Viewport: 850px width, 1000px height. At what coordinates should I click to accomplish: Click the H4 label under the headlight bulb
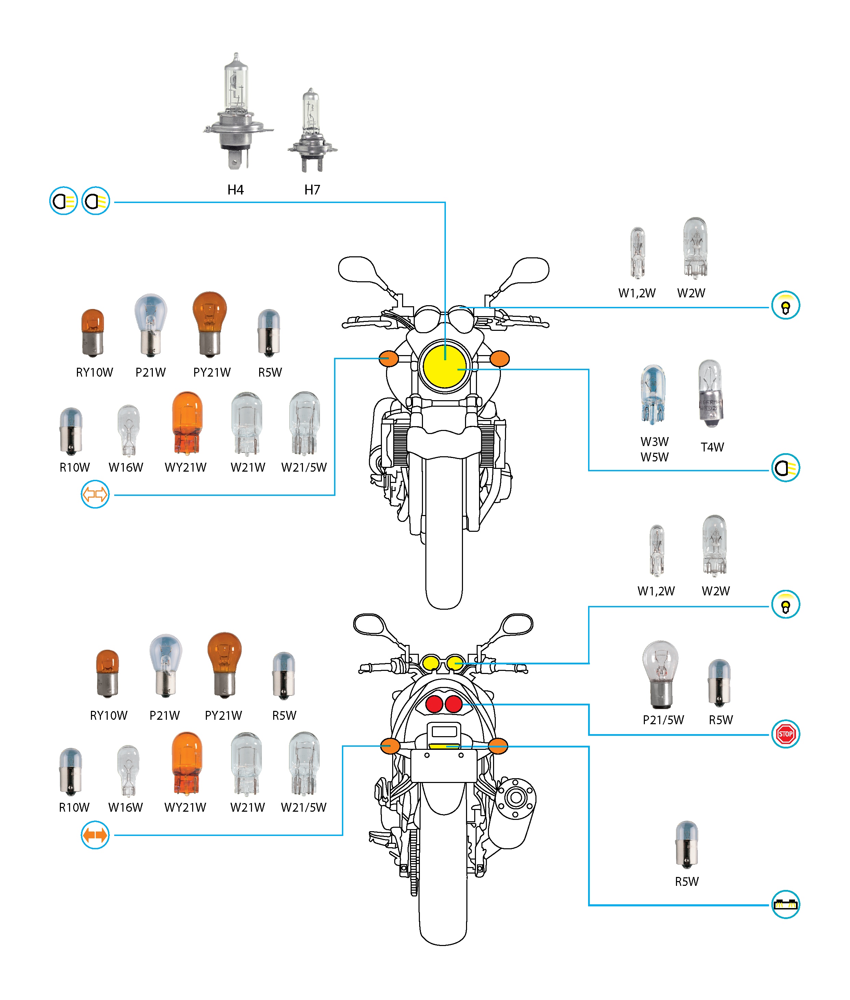point(235,190)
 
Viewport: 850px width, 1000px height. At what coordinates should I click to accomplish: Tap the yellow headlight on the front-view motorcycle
point(444,366)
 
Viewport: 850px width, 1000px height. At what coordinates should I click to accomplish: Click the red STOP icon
point(785,734)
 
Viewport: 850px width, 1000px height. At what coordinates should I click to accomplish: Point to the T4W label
point(712,447)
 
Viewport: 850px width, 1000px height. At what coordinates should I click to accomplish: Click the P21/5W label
point(663,720)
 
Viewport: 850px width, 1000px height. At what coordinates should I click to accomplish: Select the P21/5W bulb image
point(661,674)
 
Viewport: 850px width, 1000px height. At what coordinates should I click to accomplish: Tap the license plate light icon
point(785,904)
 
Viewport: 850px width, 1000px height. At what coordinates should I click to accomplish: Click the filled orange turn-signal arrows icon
point(95,835)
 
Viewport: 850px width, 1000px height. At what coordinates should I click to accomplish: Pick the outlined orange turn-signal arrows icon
point(95,494)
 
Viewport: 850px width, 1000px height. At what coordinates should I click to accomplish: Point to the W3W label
point(654,441)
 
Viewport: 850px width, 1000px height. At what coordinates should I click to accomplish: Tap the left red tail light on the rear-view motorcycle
point(434,704)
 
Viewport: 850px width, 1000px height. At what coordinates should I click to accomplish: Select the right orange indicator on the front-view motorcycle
point(499,359)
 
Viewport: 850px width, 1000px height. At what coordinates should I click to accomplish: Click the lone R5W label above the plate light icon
point(686,881)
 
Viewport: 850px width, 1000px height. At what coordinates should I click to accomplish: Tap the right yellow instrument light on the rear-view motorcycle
point(455,663)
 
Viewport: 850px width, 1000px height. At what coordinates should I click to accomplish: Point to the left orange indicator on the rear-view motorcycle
point(390,746)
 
